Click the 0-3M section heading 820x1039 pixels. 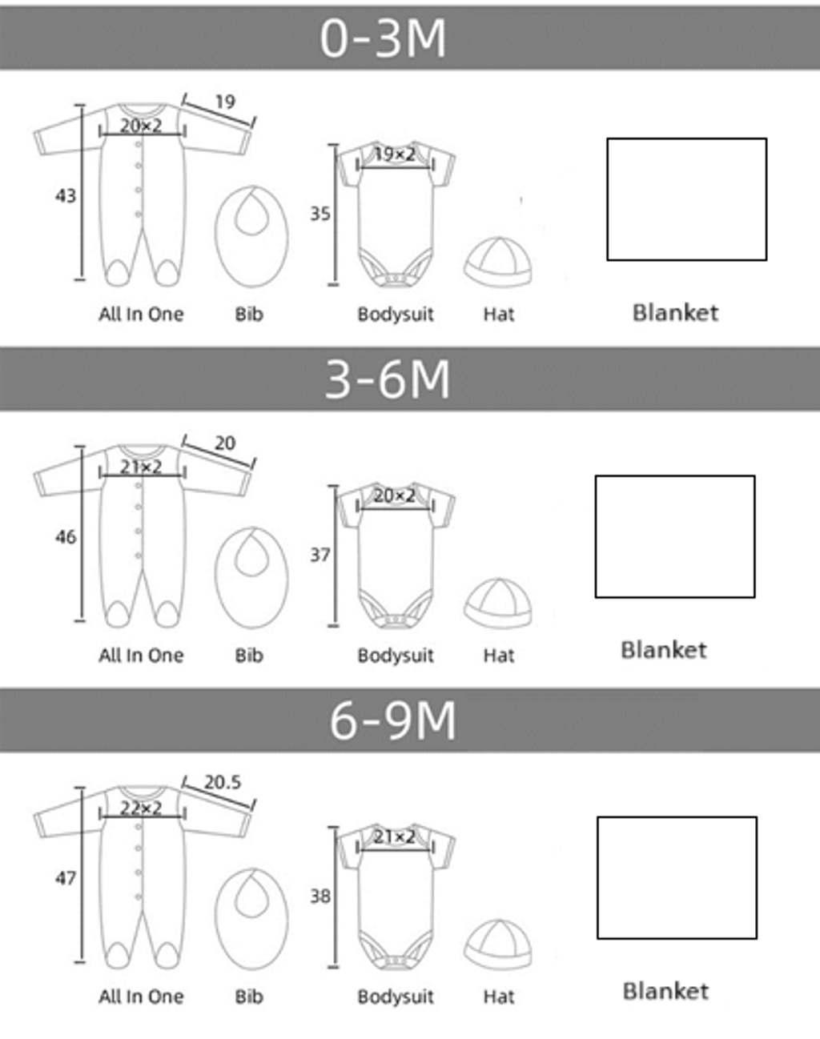pyautogui.click(x=383, y=38)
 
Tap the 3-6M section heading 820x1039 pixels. pyautogui.click(x=388, y=380)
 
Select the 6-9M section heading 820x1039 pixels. pyautogui.click(x=392, y=721)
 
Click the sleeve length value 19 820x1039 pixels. pyautogui.click(x=225, y=102)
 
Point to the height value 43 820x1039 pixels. pyautogui.click(x=66, y=196)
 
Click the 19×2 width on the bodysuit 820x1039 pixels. pyautogui.click(x=395, y=154)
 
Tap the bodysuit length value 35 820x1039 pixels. pyautogui.click(x=320, y=214)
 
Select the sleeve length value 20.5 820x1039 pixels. pyautogui.click(x=222, y=783)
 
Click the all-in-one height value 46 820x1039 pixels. pyautogui.click(x=66, y=537)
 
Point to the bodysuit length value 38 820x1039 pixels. pyautogui.click(x=320, y=897)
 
